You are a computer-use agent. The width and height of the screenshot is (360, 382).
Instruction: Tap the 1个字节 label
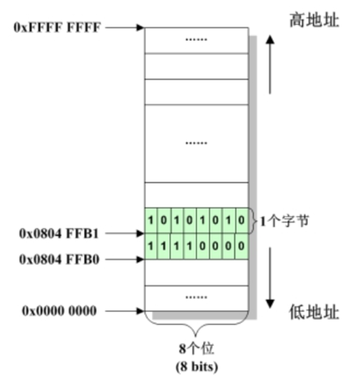click(288, 221)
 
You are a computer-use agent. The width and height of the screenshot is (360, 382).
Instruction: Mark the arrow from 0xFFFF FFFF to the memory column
click(125, 27)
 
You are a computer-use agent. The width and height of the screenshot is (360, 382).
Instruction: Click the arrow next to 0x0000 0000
click(125, 312)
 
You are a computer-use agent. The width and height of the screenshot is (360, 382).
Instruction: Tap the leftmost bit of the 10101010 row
click(151, 221)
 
